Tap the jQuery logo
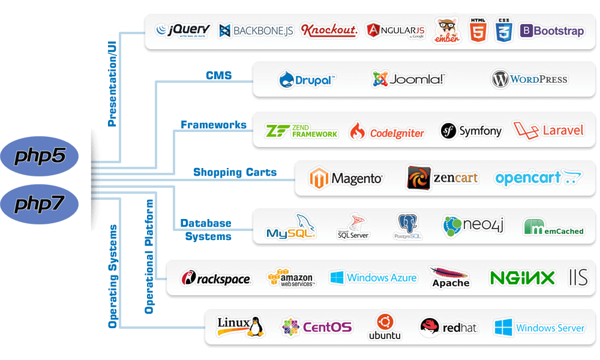tap(183, 30)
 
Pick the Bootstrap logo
tap(551, 31)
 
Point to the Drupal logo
tap(307, 79)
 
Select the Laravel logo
tap(548, 130)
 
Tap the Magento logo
tap(346, 178)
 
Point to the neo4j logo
tap(473, 226)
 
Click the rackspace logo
tap(216, 278)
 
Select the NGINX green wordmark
tap(522, 278)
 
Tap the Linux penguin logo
tap(241, 326)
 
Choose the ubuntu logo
tap(384, 327)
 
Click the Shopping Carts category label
tap(235, 173)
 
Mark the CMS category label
tap(219, 76)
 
